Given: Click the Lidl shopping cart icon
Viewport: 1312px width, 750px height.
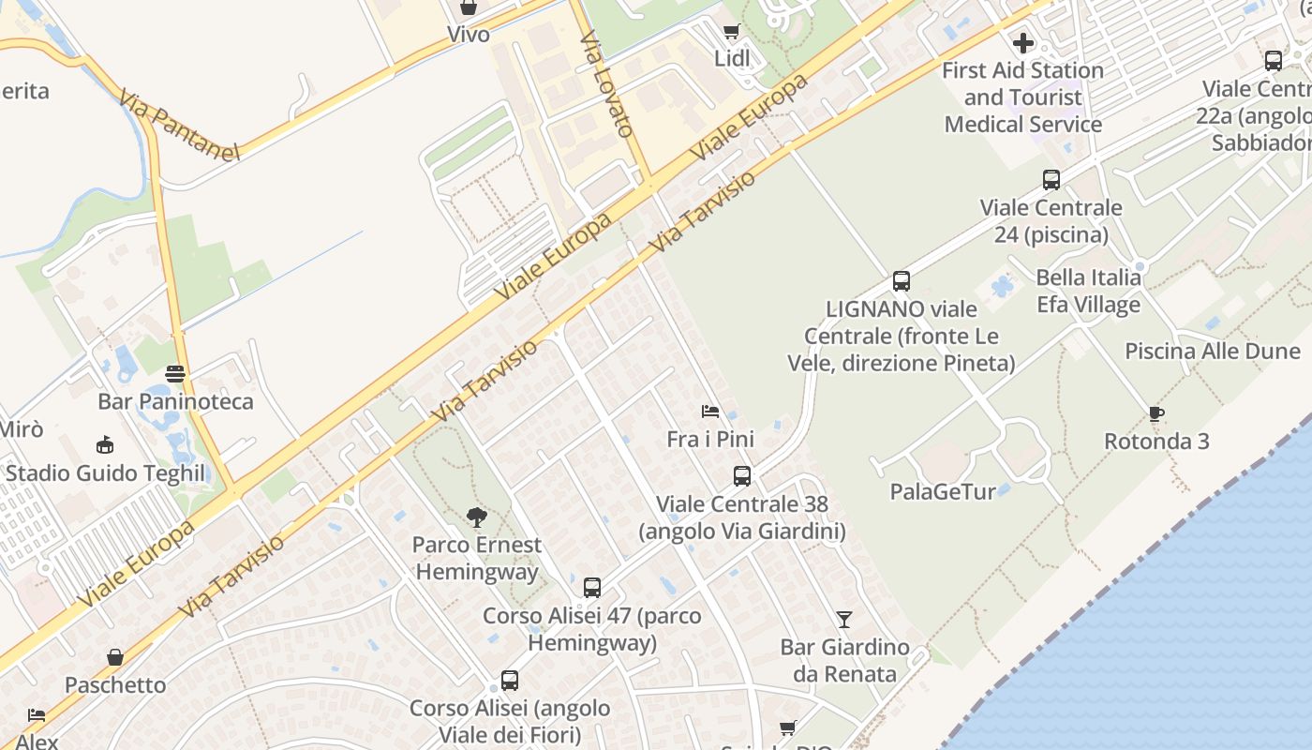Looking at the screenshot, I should point(731,32).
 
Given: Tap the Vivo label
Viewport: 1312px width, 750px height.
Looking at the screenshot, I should point(469,35).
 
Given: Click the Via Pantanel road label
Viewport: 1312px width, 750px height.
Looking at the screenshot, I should point(180,125).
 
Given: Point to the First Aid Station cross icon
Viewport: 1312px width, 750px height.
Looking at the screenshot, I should point(1022,43).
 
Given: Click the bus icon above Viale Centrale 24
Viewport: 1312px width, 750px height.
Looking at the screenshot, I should point(1051,180).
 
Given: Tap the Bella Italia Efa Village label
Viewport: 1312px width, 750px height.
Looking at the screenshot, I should point(1088,291).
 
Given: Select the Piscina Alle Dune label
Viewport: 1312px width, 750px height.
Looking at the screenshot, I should point(1213,352).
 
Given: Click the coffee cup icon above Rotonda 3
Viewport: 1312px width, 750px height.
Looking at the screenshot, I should point(1156,413).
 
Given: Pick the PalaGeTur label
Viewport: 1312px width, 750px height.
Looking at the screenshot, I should point(943,491).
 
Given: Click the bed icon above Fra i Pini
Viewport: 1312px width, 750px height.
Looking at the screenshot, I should point(710,412).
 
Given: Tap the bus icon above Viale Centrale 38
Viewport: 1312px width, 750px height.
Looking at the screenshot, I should point(742,476).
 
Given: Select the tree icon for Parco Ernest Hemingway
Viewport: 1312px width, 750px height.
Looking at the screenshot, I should point(477,517).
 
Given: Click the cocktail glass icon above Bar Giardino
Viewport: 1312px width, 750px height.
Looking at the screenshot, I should point(844,620).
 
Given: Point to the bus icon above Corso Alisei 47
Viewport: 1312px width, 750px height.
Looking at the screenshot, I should point(592,588).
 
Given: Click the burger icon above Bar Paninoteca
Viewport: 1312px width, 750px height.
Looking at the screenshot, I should point(175,374).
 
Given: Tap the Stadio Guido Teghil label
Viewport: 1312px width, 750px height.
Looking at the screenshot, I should point(105,472).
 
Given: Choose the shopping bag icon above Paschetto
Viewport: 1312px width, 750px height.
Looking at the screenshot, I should point(115,657).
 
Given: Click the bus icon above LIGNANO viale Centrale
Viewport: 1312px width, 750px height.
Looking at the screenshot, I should point(902,281).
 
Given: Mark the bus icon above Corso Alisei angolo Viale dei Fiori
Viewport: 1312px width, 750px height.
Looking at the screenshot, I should point(510,681).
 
